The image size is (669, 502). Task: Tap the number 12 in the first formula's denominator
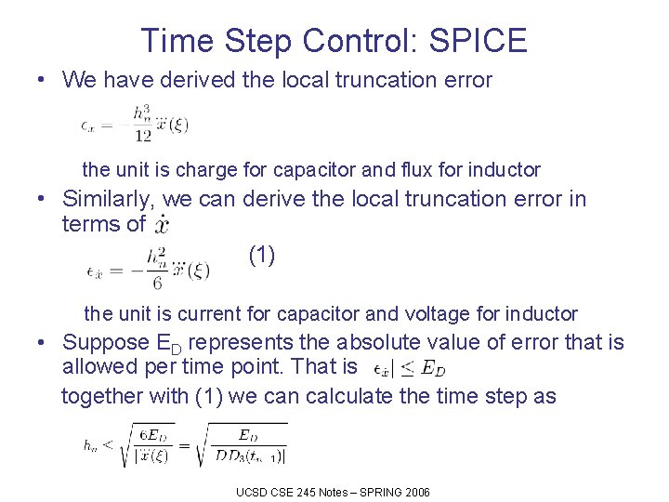(x=142, y=135)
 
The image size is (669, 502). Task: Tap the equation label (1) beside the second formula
(x=262, y=254)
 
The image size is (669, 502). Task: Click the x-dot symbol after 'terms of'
(x=161, y=225)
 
